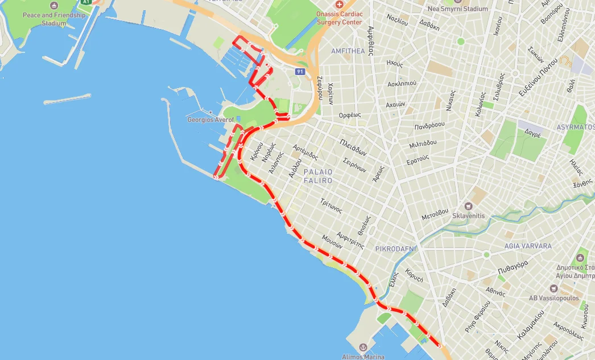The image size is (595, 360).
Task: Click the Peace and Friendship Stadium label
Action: point(53,19)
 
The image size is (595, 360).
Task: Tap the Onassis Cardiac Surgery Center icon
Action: point(338,5)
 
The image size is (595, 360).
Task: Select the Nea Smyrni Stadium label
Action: point(457,9)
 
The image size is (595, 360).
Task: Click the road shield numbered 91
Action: point(300,72)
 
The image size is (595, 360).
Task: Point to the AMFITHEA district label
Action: point(348,51)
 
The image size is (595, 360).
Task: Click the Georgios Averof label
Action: point(210,120)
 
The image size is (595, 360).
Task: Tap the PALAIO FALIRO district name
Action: point(318,176)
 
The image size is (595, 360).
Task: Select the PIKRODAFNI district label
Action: point(396,249)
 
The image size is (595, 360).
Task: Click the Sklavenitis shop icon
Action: point(468,206)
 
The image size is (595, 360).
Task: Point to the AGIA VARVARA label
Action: point(527,246)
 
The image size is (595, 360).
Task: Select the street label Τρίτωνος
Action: point(331,206)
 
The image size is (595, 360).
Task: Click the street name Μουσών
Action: point(332,242)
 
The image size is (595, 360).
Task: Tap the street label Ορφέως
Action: point(350,115)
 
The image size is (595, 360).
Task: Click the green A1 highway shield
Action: point(86,2)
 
